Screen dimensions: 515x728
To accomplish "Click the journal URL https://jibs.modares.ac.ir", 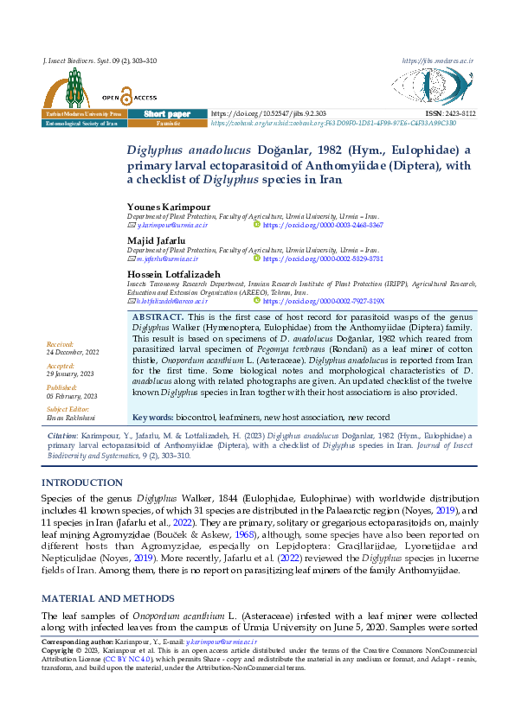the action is (x=438, y=61).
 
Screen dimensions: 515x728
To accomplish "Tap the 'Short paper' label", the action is (x=167, y=114).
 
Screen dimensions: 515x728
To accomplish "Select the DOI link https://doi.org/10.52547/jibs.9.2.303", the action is (x=268, y=114).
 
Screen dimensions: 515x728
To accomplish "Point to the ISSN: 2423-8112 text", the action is (x=450, y=114).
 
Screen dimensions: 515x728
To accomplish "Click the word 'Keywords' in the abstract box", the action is (x=152, y=417).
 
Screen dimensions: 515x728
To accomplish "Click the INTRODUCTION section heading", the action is (x=82, y=482).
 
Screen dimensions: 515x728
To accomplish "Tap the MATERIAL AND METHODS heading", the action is (x=106, y=597).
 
